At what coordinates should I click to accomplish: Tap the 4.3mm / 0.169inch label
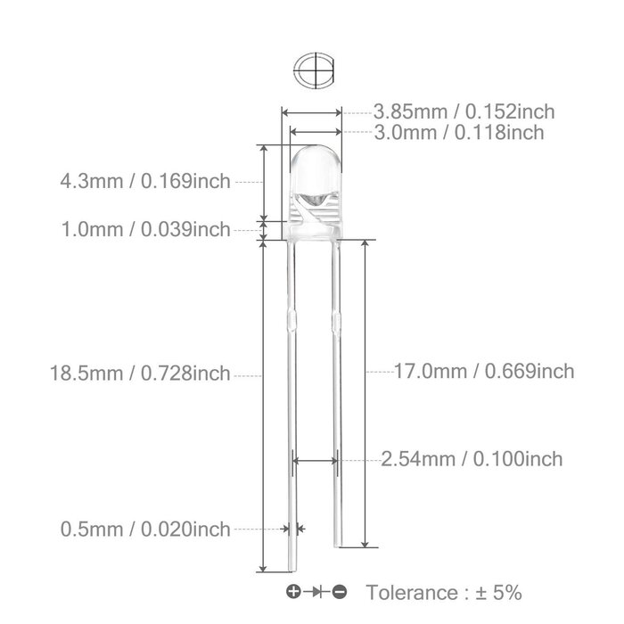(x=144, y=182)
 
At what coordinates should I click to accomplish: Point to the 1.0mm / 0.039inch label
(x=144, y=230)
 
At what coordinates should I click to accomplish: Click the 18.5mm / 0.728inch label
(x=140, y=374)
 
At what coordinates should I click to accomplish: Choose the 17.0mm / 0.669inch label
(x=484, y=371)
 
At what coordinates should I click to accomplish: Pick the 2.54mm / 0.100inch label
(x=472, y=459)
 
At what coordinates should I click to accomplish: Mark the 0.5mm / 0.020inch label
(x=144, y=529)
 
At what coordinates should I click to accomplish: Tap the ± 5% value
(x=499, y=592)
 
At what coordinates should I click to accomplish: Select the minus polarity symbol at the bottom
(x=341, y=592)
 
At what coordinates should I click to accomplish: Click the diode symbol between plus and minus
(x=316, y=592)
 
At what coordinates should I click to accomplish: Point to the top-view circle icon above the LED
(x=313, y=70)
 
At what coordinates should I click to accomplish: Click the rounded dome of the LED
(x=313, y=165)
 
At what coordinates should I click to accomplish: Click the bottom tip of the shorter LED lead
(x=336, y=545)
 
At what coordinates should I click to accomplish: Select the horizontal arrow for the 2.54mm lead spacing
(x=315, y=460)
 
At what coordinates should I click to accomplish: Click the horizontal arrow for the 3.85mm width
(x=312, y=112)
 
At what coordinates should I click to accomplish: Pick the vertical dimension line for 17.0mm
(x=366, y=392)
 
